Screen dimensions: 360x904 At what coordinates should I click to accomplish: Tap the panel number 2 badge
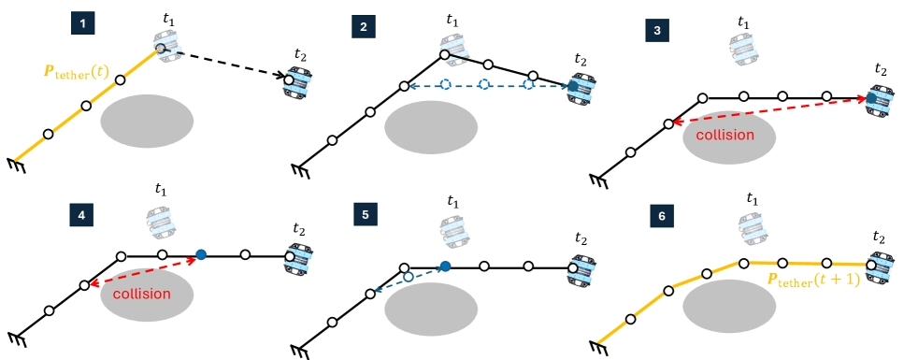coord(363,25)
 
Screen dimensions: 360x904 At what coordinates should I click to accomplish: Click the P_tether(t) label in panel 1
coord(78,72)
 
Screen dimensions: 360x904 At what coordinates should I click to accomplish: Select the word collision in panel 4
coord(141,294)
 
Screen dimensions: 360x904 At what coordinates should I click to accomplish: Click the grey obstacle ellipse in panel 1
coord(147,121)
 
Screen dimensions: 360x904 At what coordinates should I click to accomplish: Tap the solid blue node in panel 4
coord(201,254)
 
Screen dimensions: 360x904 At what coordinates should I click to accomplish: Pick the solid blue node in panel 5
coord(446,267)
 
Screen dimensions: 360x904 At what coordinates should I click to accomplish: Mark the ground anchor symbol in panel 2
coord(300,170)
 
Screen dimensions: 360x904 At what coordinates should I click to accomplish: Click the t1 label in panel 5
coord(454,201)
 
